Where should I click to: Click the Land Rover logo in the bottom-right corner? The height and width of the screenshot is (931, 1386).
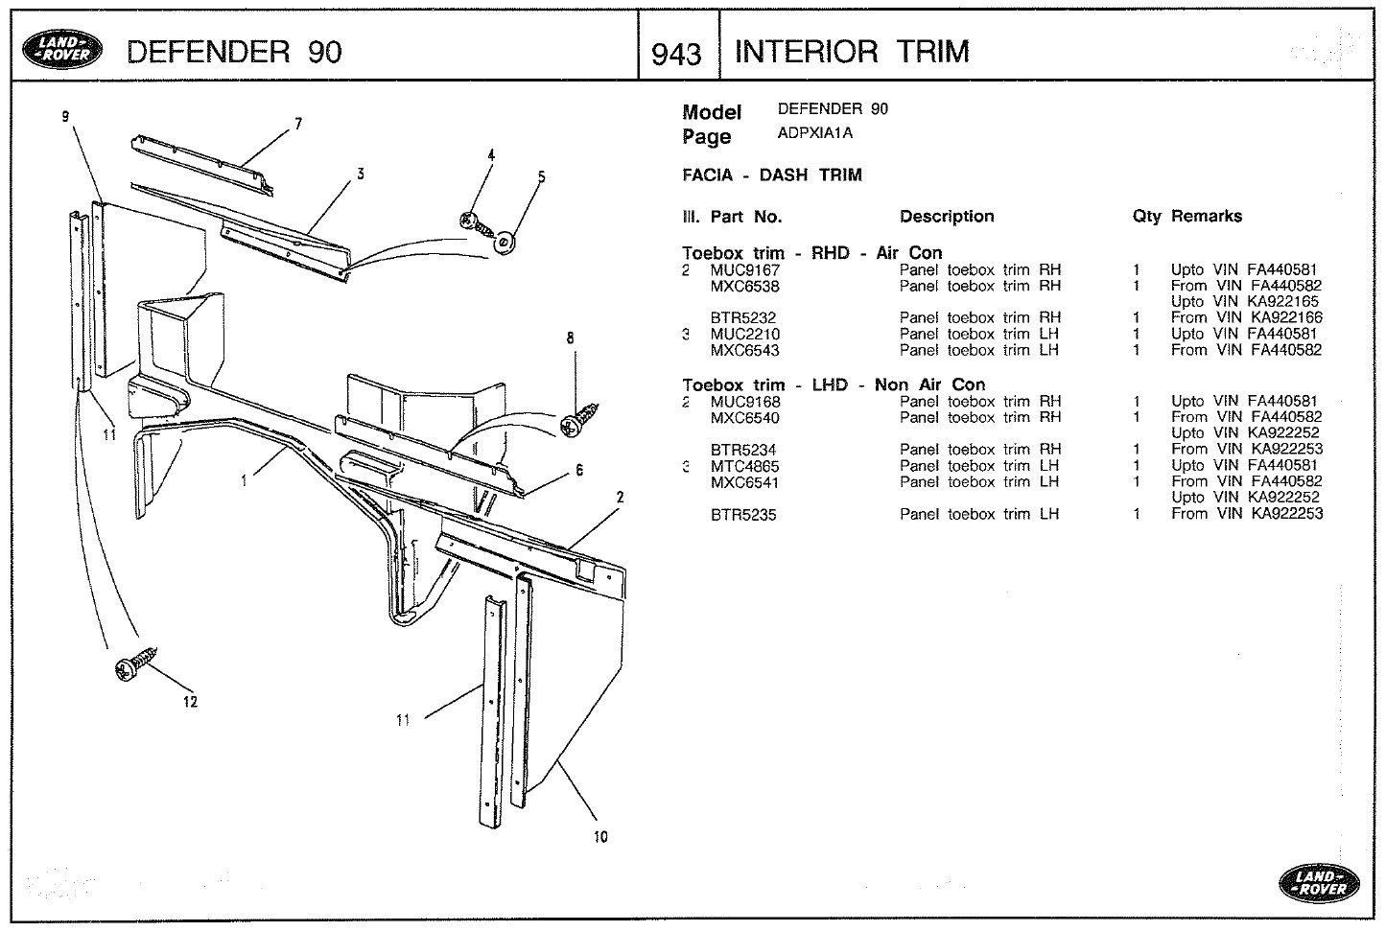[1318, 881]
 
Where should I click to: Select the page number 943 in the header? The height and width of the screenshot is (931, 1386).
[676, 54]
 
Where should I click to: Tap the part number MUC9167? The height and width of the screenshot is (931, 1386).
[744, 270]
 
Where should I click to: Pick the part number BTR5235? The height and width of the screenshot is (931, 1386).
[742, 515]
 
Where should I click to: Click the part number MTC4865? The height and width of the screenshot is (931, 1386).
[744, 466]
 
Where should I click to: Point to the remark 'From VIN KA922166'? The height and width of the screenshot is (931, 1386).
[1246, 317]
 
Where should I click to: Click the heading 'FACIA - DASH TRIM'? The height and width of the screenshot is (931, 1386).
[771, 175]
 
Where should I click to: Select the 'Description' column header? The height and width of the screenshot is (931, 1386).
[946, 217]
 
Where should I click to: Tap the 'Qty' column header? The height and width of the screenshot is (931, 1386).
[1145, 217]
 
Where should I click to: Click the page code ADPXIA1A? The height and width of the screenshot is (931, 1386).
[814, 133]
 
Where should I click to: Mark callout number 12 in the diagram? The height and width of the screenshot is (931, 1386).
[190, 702]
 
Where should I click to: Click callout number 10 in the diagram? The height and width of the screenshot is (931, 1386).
[600, 837]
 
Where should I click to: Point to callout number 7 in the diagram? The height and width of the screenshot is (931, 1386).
[298, 124]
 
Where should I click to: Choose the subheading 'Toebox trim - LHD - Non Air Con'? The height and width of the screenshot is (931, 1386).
[833, 385]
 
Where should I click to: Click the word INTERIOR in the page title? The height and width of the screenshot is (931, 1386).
[808, 51]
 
